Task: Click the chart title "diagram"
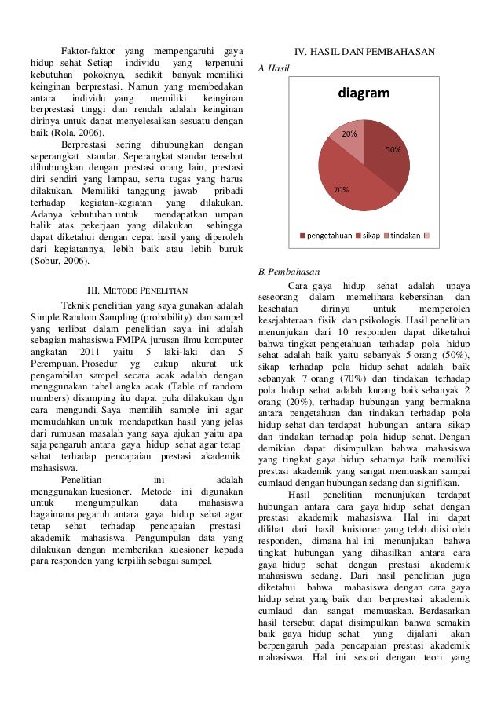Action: click(364, 94)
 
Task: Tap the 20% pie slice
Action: click(350, 137)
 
